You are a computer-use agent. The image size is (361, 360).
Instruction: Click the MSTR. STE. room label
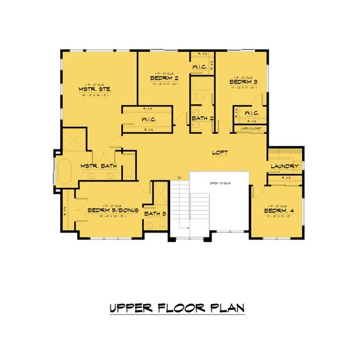coord(95,90)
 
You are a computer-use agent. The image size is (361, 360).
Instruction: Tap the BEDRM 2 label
coord(165,79)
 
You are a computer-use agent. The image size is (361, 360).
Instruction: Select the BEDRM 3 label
coord(244,82)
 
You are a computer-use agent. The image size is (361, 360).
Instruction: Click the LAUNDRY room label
coord(283,166)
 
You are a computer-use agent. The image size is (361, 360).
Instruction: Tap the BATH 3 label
coord(155,214)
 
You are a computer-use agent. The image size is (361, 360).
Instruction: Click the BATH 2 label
coord(203,118)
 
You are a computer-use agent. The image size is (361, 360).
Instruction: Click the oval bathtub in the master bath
coord(64,171)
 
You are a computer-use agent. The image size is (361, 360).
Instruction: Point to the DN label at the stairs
coord(180,178)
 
